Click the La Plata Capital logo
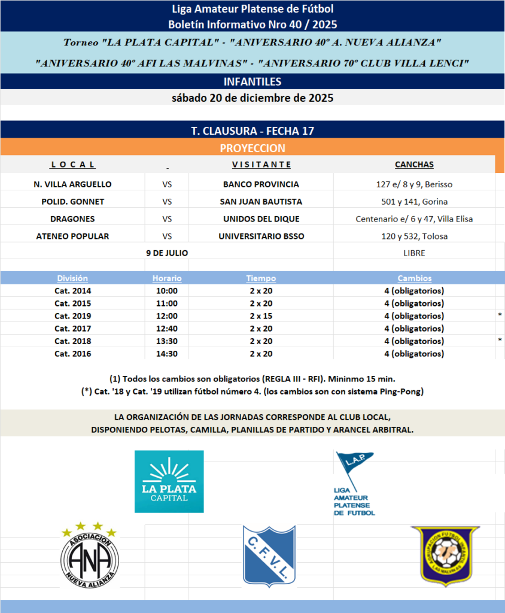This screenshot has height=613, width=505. [x=169, y=481]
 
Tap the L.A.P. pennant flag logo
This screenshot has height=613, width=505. [x=354, y=482]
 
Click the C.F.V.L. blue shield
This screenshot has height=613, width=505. [x=269, y=556]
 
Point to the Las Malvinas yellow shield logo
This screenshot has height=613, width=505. [x=442, y=556]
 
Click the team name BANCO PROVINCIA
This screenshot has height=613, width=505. [x=261, y=184]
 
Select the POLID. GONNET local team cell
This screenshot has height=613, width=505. [x=72, y=202]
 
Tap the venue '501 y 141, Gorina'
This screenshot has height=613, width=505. [x=414, y=202]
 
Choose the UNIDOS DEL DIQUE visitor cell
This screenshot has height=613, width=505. [x=261, y=219]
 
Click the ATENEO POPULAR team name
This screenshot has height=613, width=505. [x=72, y=236]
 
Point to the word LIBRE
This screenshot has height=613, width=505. [x=414, y=253]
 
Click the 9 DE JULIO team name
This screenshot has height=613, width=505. [x=167, y=253]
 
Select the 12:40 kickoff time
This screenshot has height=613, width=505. [x=167, y=329]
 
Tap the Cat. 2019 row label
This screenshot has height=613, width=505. [x=72, y=316]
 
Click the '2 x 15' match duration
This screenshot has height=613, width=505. [x=261, y=316]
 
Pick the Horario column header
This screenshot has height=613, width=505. [x=167, y=278]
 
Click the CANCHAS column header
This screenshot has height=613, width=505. [x=414, y=165]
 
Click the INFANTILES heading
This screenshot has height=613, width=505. [x=252, y=81]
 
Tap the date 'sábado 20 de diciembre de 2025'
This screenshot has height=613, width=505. [x=252, y=98]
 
